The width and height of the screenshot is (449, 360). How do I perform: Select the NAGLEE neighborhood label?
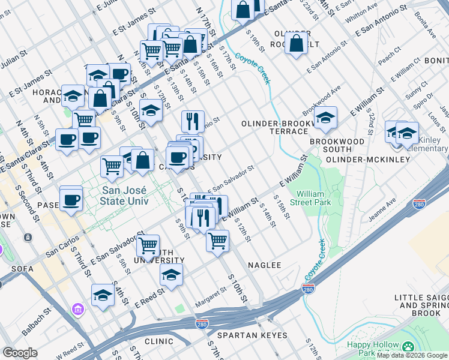pyautogui.click(x=264, y=265)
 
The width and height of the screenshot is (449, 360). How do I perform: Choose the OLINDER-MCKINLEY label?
pyautogui.click(x=367, y=160)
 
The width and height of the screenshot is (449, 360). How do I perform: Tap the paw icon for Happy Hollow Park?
pyautogui.click(x=408, y=347)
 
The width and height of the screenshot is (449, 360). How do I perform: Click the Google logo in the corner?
pyautogui.click(x=20, y=353)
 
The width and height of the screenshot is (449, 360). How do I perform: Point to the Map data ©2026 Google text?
pyautogui.click(x=412, y=355)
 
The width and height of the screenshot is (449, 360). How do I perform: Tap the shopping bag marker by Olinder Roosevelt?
pyautogui.click(x=296, y=44)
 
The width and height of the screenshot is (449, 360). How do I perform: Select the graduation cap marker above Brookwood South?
pyautogui.click(x=325, y=118)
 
